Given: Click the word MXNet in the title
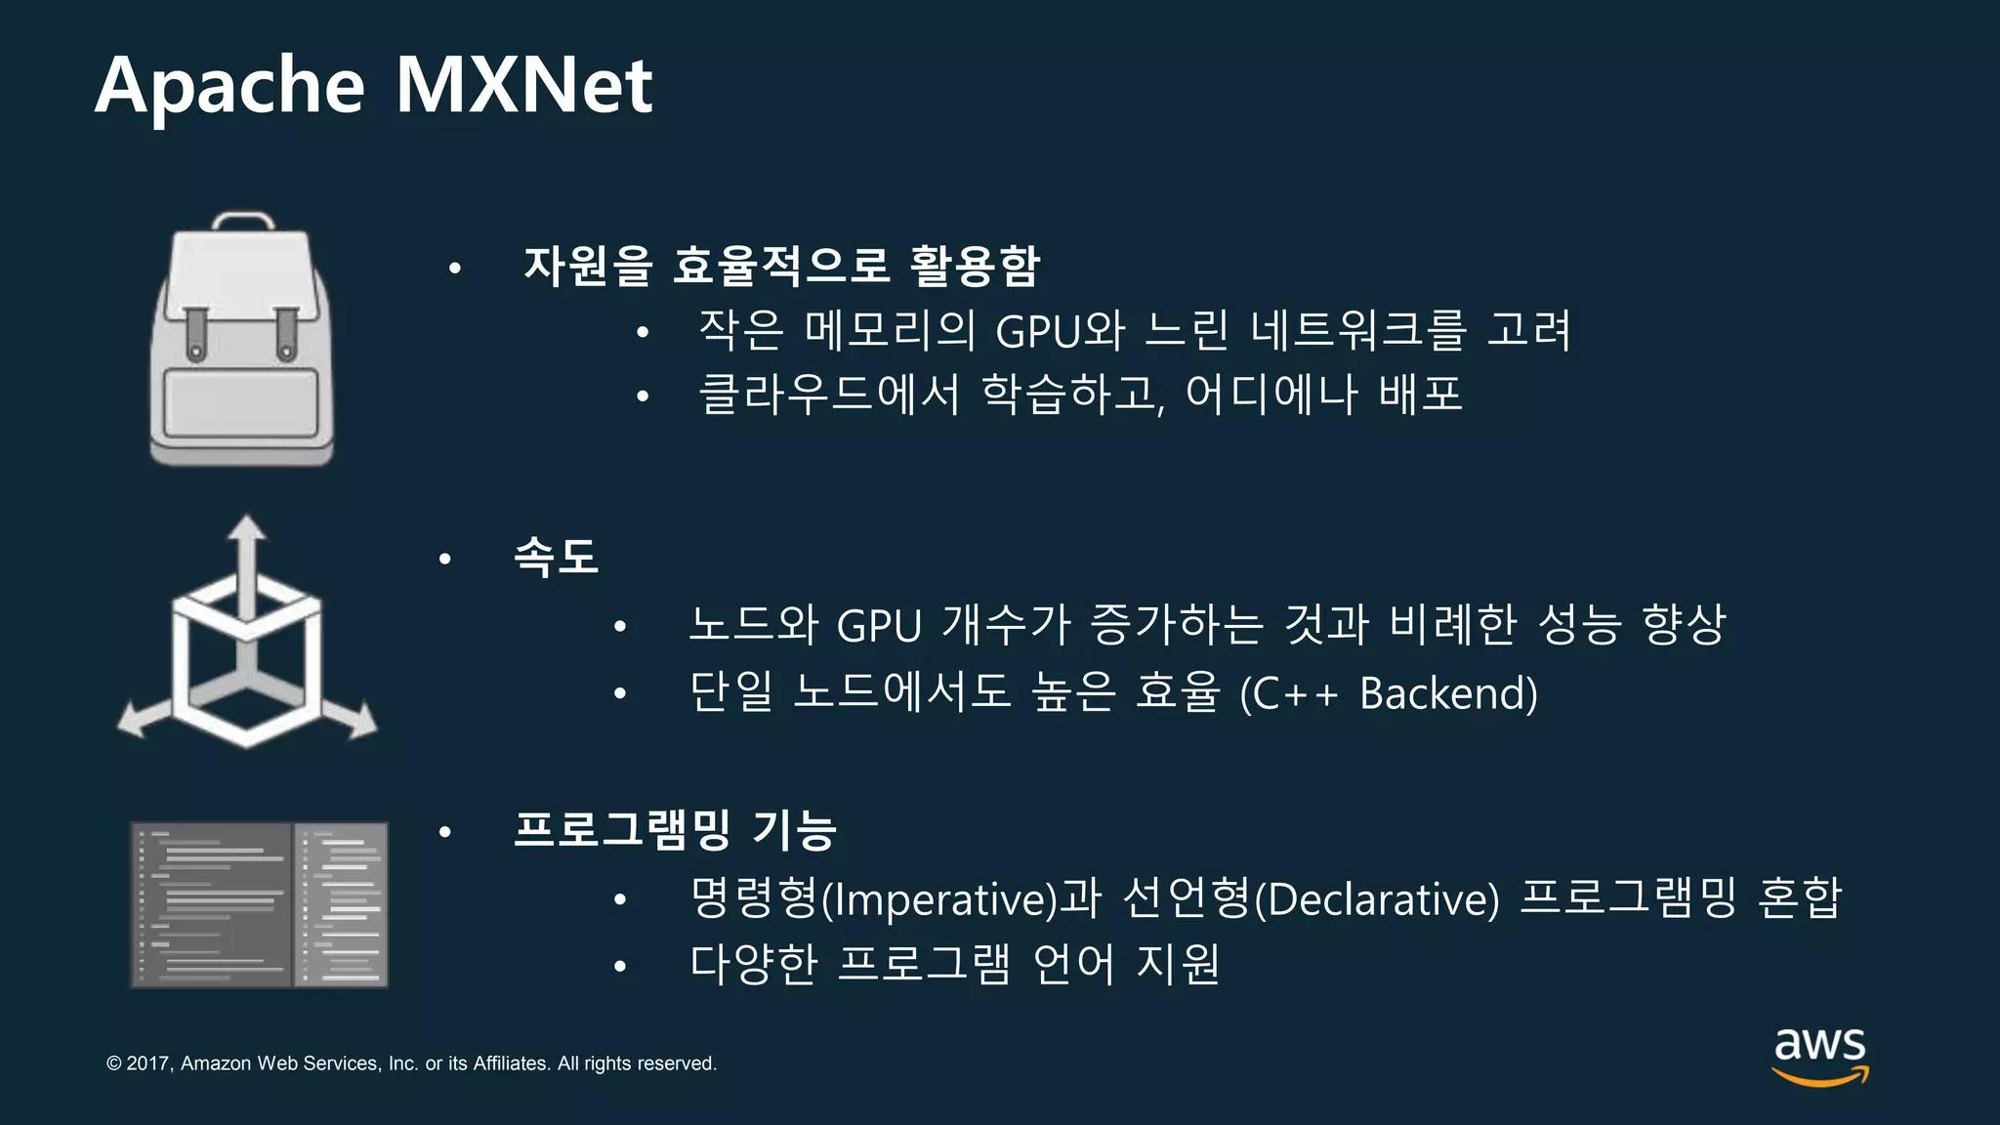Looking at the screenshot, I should pyautogui.click(x=523, y=86).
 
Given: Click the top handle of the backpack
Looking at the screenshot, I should pyautogui.click(x=243, y=220).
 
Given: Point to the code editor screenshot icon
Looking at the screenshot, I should pyautogui.click(x=260, y=904).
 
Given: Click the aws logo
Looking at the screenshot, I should pyautogui.click(x=1819, y=1055).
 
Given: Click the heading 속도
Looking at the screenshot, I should pyautogui.click(x=556, y=558).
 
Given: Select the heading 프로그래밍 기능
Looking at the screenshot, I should pyautogui.click(x=675, y=830).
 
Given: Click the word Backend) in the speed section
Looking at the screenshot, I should pyautogui.click(x=1448, y=693).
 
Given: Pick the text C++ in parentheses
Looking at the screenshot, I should pyautogui.click(x=1291, y=693).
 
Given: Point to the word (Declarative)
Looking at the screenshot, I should pyautogui.click(x=1377, y=898).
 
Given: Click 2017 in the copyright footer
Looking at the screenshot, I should pyautogui.click(x=148, y=1063).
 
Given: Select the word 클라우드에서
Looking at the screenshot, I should pyautogui.click(x=829, y=395).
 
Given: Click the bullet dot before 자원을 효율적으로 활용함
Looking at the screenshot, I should pyautogui.click(x=454, y=267).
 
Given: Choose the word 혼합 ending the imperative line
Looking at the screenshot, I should pyautogui.click(x=1799, y=897).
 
